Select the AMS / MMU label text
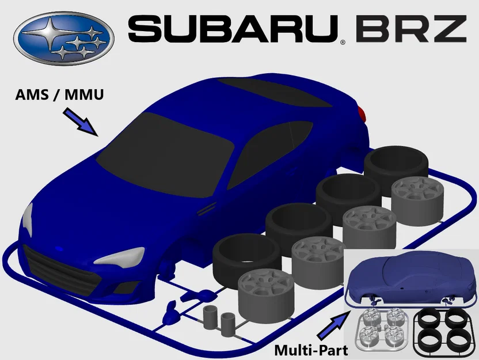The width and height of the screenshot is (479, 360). click(x=60, y=94)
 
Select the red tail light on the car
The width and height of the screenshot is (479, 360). click(x=360, y=112)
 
